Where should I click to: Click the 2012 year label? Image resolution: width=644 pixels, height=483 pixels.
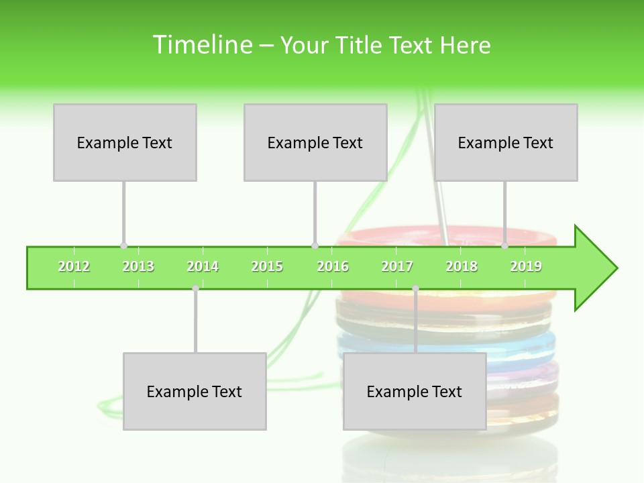(x=74, y=266)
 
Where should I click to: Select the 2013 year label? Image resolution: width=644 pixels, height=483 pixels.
(x=138, y=266)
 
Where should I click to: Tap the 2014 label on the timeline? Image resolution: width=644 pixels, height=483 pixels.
(x=203, y=266)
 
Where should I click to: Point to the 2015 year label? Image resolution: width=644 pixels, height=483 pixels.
(x=267, y=266)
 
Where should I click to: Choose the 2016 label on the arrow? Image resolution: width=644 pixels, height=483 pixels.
(x=333, y=266)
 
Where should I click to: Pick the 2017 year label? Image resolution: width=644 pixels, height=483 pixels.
(x=397, y=266)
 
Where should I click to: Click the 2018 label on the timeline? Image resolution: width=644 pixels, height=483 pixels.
(x=462, y=266)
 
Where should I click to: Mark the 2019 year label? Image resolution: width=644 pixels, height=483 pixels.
(x=526, y=266)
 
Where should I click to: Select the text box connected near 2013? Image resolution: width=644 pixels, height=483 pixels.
(x=125, y=142)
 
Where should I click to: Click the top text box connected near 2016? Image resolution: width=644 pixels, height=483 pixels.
(x=315, y=142)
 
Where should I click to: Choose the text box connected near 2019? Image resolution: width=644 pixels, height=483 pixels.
(x=506, y=142)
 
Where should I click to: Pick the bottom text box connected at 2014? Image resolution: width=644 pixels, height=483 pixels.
(x=195, y=391)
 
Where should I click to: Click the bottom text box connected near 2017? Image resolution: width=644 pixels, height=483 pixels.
(x=415, y=391)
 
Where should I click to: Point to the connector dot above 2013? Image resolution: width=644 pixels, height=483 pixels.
(x=123, y=246)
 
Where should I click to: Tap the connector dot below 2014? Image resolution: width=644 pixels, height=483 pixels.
(x=195, y=288)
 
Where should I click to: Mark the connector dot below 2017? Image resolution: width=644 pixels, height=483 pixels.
(x=415, y=288)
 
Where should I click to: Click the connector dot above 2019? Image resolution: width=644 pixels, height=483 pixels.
(x=505, y=246)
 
